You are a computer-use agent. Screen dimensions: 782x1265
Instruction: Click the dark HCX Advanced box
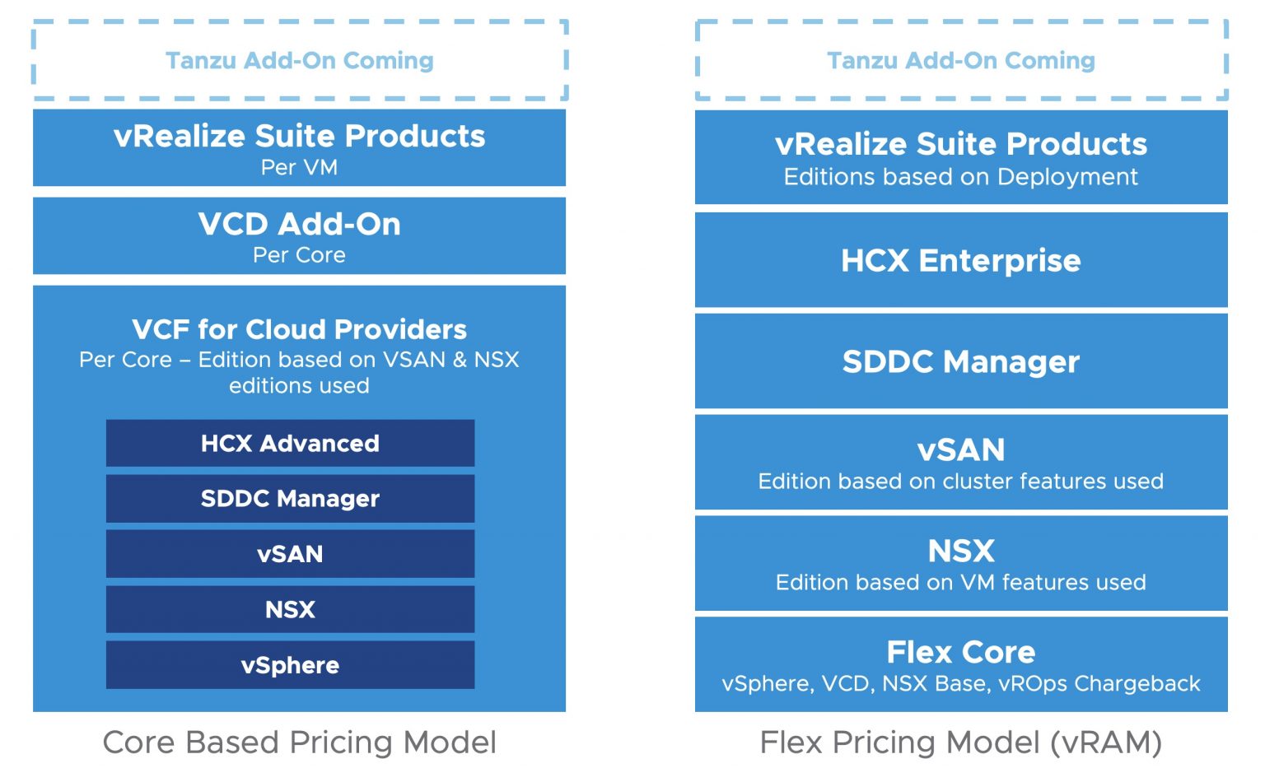tap(290, 444)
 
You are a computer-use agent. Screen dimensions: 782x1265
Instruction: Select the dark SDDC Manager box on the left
tap(290, 499)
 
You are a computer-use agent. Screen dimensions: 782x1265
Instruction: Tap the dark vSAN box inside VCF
tap(290, 554)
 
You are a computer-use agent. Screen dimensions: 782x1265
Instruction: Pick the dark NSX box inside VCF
tap(290, 610)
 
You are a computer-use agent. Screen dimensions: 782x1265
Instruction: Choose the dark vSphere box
tap(290, 665)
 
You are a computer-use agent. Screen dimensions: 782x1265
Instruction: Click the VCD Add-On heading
tap(299, 224)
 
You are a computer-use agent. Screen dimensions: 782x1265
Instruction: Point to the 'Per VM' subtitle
tap(299, 168)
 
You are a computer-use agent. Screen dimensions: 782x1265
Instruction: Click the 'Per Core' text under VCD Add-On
tap(299, 255)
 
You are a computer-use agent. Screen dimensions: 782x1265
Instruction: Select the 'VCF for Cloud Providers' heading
tap(299, 329)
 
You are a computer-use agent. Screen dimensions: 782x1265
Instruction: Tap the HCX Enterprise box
tap(960, 261)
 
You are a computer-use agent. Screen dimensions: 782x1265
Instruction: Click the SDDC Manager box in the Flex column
tap(960, 362)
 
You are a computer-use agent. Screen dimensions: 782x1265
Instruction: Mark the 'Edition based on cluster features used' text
tap(960, 482)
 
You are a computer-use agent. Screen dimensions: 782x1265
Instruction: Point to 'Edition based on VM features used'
tap(960, 583)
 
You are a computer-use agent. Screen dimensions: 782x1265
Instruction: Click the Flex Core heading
tap(960, 652)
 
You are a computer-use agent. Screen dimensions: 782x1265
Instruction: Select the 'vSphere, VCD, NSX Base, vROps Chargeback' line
tap(960, 684)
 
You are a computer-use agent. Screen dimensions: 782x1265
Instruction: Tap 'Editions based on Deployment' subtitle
tap(960, 177)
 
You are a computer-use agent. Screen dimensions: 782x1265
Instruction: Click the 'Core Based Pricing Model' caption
tap(299, 742)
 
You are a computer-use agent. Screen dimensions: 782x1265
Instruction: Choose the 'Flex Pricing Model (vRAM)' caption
tap(960, 742)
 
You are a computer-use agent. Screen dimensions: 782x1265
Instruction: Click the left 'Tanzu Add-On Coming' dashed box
tap(299, 61)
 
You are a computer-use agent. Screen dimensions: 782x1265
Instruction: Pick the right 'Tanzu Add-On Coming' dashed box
tap(960, 61)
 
